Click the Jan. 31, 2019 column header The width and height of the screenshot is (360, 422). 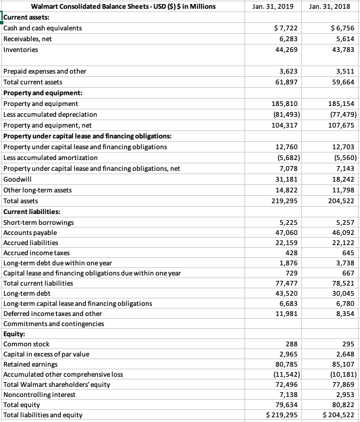click(272, 7)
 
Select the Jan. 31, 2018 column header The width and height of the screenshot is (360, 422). click(329, 7)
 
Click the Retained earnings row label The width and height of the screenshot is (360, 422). click(30, 363)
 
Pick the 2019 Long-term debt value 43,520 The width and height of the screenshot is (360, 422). click(288, 294)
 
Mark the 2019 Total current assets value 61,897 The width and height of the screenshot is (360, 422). click(288, 81)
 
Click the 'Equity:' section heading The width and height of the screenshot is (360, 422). click(15, 334)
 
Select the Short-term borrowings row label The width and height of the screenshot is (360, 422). click(38, 222)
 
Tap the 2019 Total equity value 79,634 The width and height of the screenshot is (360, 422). click(288, 404)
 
